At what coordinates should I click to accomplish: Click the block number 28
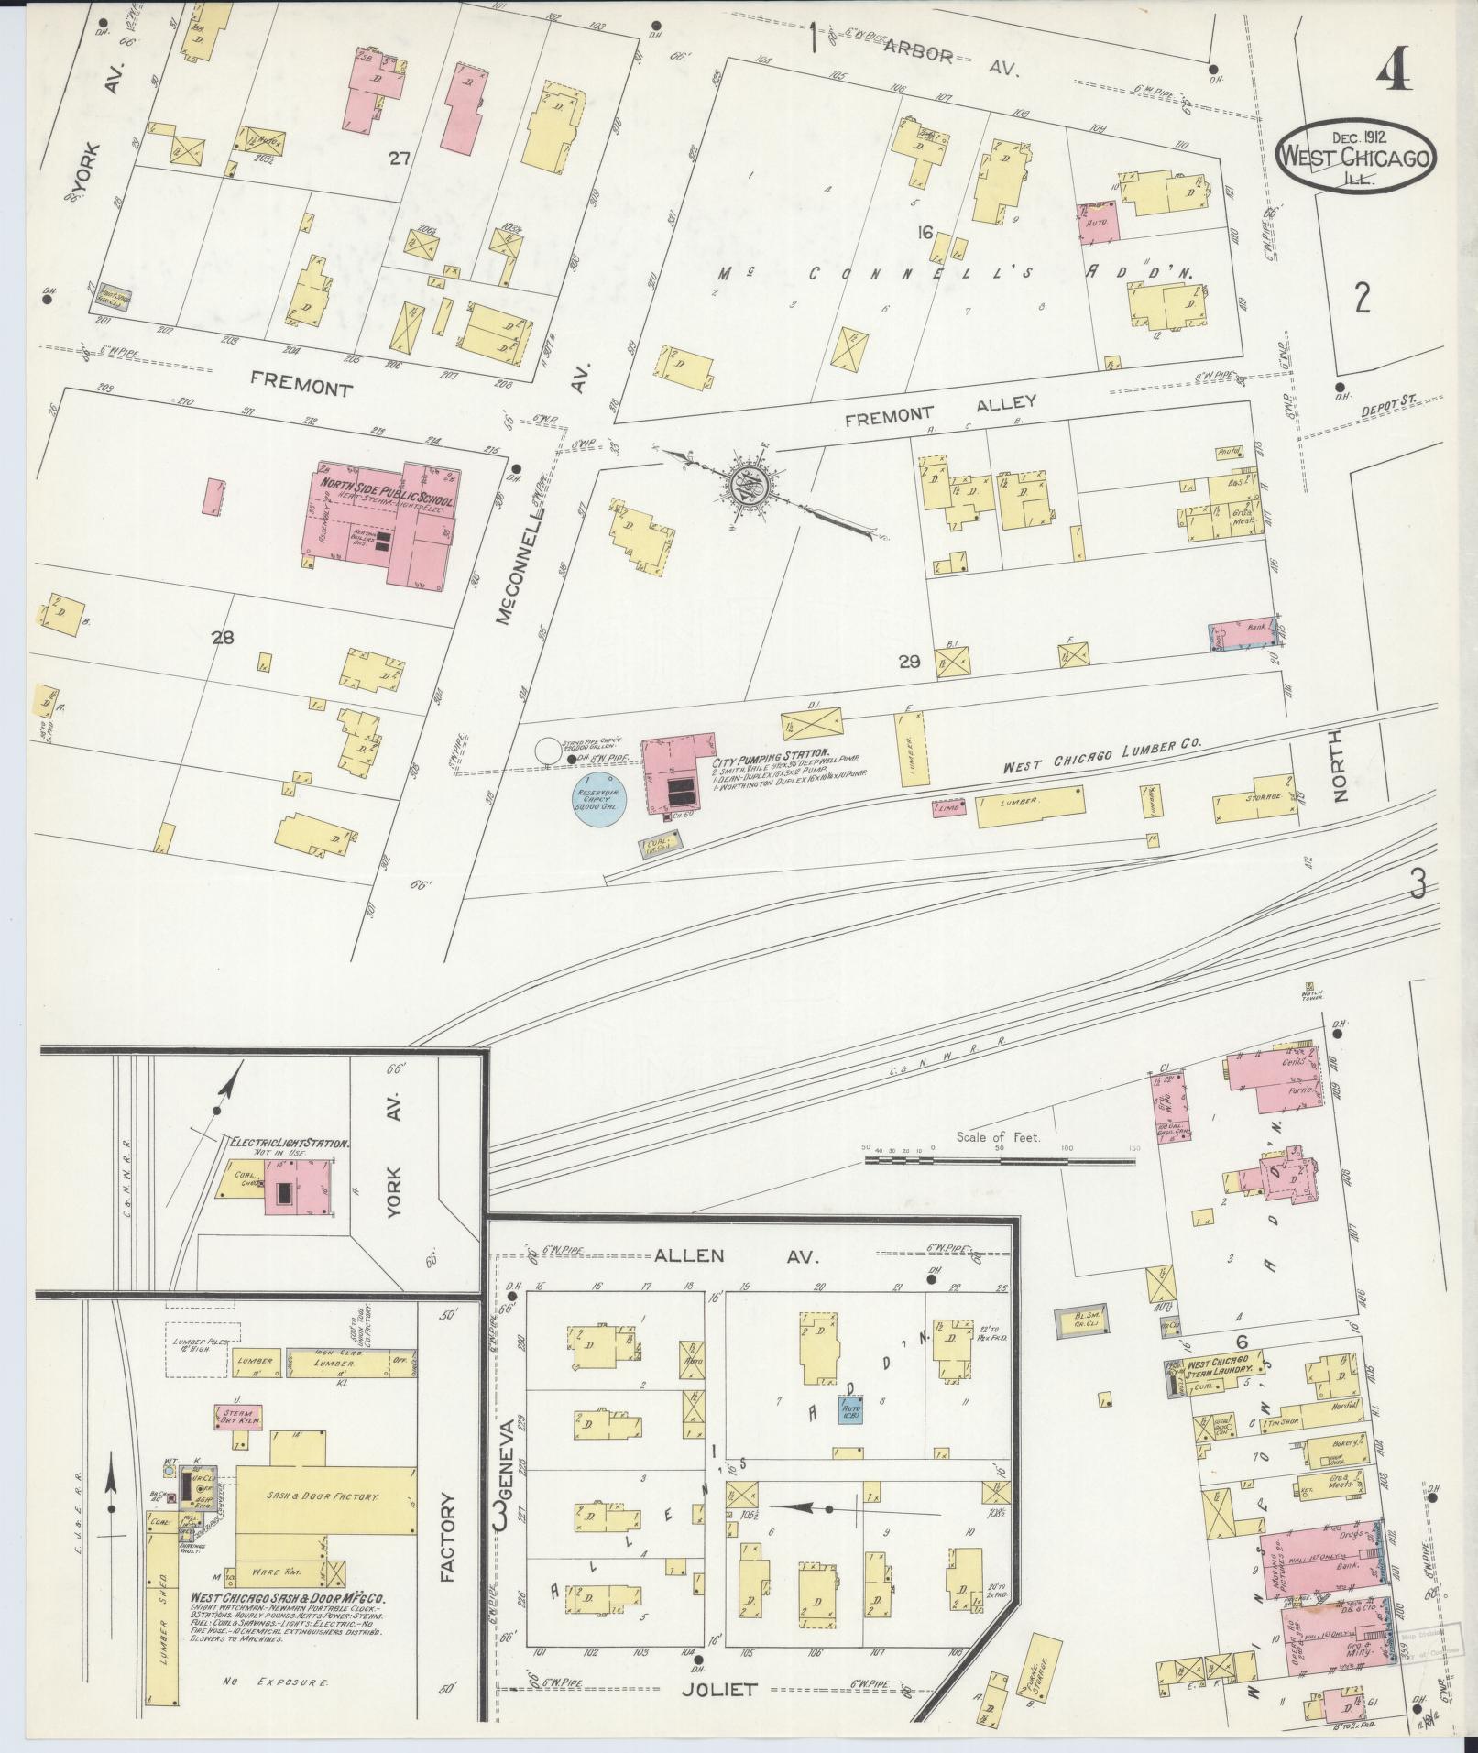coord(223,639)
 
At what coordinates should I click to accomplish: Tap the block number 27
coord(398,159)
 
